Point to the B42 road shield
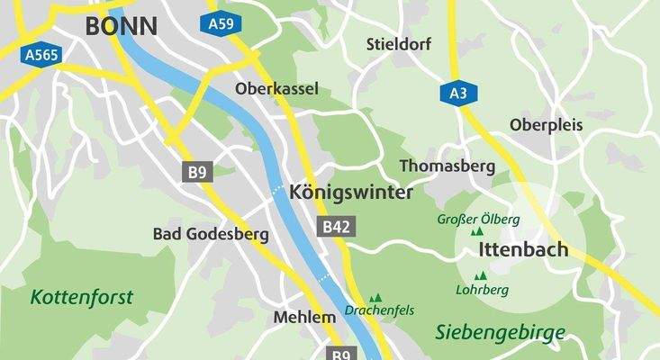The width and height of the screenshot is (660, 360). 334,229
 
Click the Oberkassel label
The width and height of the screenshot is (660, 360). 277,89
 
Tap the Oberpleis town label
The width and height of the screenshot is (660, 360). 546,124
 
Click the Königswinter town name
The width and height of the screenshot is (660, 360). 351,193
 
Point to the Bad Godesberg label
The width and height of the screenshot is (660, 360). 212,235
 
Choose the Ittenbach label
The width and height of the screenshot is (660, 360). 523,249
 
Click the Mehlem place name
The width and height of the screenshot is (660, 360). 297,318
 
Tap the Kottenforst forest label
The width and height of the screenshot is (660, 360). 81,296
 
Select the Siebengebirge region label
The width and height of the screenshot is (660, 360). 501,332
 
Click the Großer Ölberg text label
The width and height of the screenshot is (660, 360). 478,219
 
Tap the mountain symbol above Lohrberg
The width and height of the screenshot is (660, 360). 481,275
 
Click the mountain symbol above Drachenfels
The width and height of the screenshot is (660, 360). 376,297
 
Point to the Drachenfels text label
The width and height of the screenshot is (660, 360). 379,310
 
